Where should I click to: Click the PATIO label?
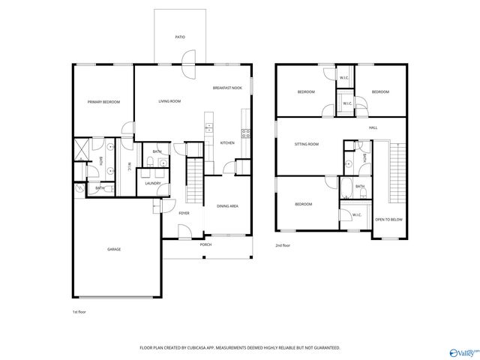tap(180, 37)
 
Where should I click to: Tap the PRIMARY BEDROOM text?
tap(103, 102)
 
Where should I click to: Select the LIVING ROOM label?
tap(169, 101)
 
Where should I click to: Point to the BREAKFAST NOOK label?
tap(226, 88)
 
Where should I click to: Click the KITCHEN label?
tap(227, 142)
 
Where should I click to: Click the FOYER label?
tap(184, 213)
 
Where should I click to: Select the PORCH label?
tap(205, 244)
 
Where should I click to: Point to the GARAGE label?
tap(113, 250)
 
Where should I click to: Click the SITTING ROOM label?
tap(307, 144)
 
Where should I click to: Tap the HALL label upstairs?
tap(373, 128)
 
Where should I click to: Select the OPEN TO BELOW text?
tap(388, 220)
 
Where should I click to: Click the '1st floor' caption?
tap(79, 310)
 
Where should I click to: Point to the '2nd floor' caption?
tap(283, 245)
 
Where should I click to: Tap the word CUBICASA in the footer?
tap(201, 348)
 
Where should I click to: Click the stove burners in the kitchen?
tap(245, 135)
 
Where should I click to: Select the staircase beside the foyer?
tap(194, 176)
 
